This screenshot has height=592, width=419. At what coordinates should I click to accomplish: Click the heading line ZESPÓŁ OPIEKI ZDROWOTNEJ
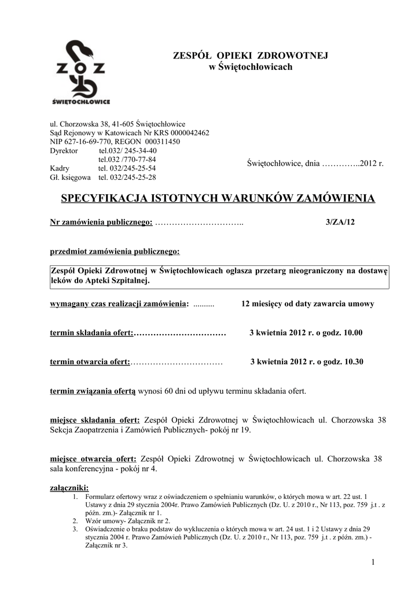tap(251, 55)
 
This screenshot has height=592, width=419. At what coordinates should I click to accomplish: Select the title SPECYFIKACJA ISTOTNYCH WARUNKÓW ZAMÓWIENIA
tap(218, 199)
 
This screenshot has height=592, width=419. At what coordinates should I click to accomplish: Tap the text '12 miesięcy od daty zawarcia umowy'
tap(307, 304)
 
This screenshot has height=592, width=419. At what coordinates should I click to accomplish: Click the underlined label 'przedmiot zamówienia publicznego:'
tap(115, 252)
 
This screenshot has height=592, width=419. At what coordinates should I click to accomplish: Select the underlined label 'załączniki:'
tap(69, 487)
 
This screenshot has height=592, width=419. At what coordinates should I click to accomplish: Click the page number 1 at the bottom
tap(373, 562)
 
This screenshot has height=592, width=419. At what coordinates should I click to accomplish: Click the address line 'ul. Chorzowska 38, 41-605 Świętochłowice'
tap(117, 124)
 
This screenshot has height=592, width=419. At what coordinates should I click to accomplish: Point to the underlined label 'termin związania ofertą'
tap(93, 391)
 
